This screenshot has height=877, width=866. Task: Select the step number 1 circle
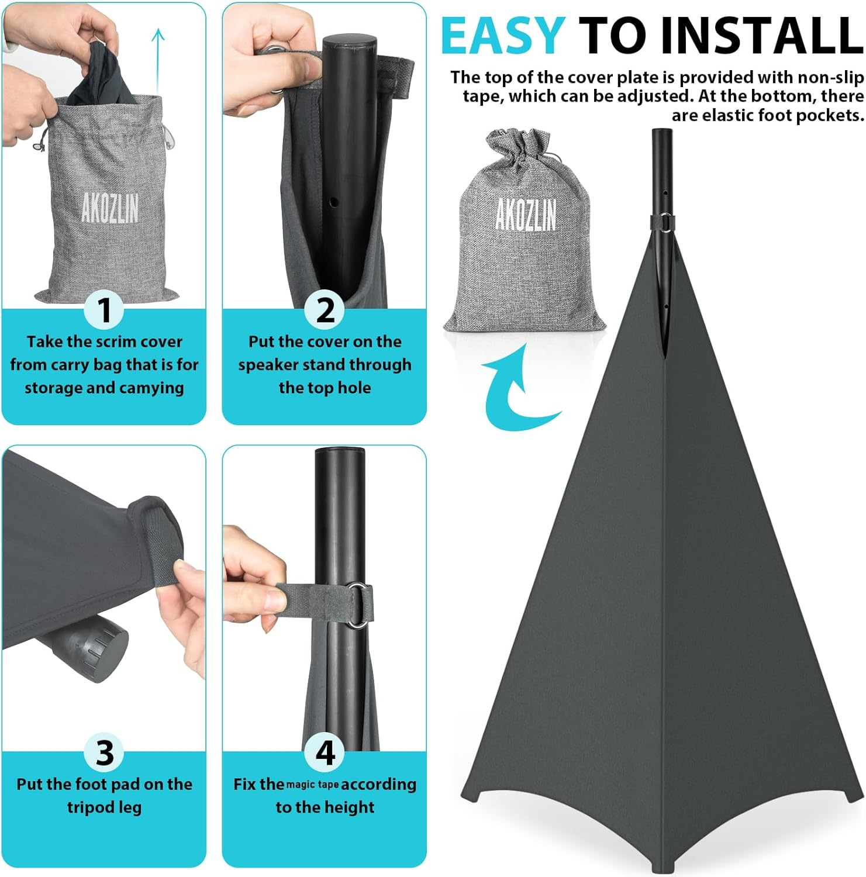coord(104,309)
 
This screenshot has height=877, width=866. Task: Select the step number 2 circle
coord(325,309)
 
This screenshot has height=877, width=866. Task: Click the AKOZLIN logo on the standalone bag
coord(526,214)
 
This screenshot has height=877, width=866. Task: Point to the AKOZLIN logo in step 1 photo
coord(110,208)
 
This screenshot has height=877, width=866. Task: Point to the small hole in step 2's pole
coord(334,202)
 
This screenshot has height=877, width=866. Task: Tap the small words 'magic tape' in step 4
coord(312,785)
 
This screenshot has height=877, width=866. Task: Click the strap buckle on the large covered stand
coord(663,222)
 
